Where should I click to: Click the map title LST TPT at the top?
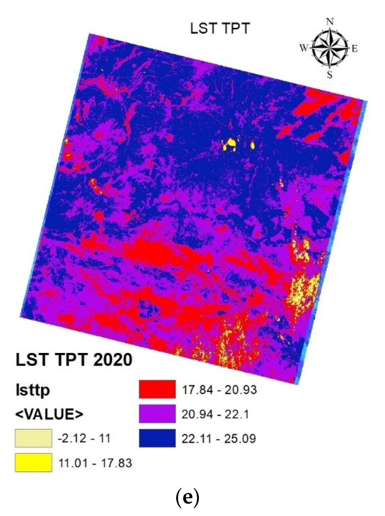coord(220,28)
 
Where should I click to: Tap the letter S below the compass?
coord(330,75)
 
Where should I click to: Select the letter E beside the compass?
coord(355,49)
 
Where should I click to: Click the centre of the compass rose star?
coord(330,48)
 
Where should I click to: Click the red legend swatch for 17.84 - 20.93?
coord(157,389)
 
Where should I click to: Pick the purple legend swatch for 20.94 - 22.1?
coord(157,414)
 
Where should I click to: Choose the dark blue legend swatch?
coord(157,438)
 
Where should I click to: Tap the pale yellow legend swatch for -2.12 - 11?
coord(33,438)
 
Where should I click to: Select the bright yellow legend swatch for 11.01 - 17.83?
coord(33,462)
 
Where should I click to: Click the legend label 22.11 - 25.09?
coord(219,438)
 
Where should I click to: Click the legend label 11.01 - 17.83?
coord(95,463)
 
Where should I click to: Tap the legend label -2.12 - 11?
coord(84,438)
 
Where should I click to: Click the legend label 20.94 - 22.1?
coord(215,414)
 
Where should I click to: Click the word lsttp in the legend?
coord(33,390)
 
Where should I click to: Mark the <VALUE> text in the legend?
coord(49,414)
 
